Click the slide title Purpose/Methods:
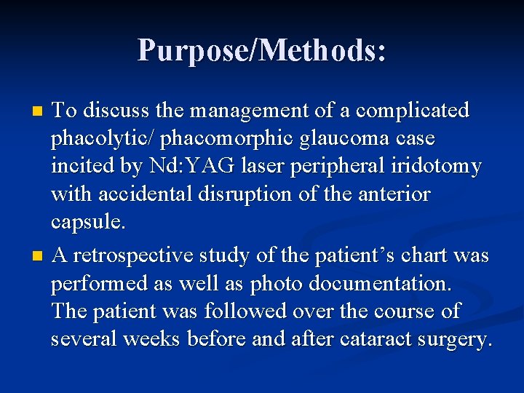pyautogui.click(x=262, y=50)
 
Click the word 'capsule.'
pyautogui.click(x=88, y=222)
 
